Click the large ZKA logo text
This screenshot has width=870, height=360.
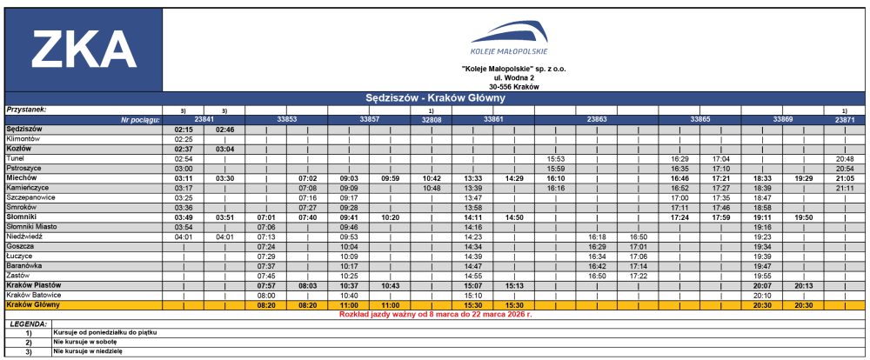84,49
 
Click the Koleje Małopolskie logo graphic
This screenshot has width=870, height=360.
511,39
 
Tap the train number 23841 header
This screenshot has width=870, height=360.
204,118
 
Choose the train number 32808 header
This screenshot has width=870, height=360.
432,118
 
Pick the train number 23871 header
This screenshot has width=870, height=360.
845,118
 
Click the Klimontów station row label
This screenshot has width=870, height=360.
23,138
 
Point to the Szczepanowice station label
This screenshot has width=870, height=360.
31,197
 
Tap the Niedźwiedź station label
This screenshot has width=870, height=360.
25,236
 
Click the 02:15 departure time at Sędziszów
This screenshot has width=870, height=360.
183,129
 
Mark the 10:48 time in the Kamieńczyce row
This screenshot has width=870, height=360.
432,188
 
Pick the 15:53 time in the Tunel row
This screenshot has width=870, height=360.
556,159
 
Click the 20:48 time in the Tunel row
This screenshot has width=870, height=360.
845,159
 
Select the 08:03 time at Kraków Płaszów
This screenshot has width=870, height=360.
307,285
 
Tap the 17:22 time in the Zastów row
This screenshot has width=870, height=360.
639,276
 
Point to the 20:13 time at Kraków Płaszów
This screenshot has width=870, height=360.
804,285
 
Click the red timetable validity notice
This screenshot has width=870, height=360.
435,314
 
